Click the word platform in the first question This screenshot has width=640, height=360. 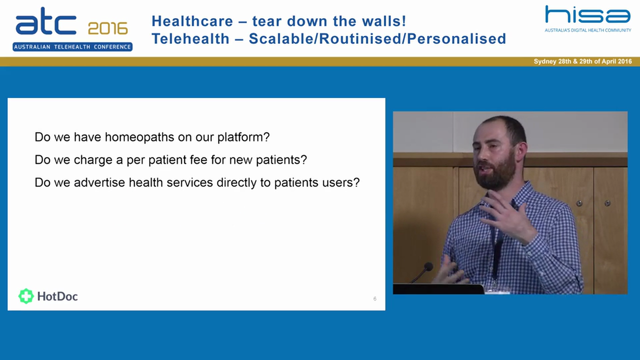click(x=243, y=137)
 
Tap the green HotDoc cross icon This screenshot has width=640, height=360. click(x=26, y=296)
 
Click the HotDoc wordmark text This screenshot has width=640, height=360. click(x=57, y=296)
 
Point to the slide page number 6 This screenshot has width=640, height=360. click(x=374, y=299)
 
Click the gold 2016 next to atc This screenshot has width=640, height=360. click(x=108, y=28)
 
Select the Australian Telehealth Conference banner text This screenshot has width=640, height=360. click(x=72, y=47)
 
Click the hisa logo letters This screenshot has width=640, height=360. click(x=587, y=15)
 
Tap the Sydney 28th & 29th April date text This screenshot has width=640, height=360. click(x=582, y=61)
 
